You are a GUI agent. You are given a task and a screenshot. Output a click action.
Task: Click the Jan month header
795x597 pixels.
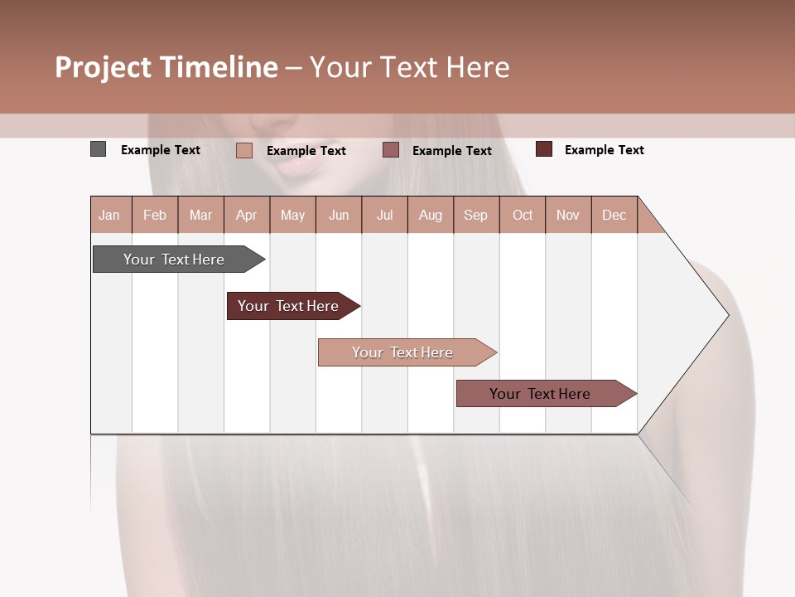click(109, 215)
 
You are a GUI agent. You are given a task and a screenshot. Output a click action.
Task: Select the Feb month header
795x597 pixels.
click(155, 215)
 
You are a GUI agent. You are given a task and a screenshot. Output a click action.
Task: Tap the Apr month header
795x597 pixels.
click(246, 215)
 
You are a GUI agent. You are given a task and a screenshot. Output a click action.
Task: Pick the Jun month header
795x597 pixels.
click(339, 215)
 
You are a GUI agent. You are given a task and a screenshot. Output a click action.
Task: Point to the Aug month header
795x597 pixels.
click(430, 215)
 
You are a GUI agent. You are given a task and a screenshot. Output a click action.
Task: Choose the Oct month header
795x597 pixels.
click(523, 215)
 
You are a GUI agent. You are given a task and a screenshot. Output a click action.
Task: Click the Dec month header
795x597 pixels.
click(614, 215)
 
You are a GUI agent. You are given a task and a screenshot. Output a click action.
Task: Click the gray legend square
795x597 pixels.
click(98, 149)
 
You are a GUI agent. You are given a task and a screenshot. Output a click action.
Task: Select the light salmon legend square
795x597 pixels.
click(243, 150)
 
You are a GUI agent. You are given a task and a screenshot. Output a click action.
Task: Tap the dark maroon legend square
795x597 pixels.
click(543, 149)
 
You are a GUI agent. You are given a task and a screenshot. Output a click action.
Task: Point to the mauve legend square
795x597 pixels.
click(391, 149)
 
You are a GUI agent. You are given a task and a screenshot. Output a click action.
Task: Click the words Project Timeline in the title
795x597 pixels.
click(166, 67)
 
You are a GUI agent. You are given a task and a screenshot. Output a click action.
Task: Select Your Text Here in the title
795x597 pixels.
click(409, 67)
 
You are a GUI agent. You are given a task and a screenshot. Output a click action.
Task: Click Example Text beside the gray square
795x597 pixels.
click(160, 150)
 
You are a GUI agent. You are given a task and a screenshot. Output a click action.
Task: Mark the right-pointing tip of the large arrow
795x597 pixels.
click(726, 315)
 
